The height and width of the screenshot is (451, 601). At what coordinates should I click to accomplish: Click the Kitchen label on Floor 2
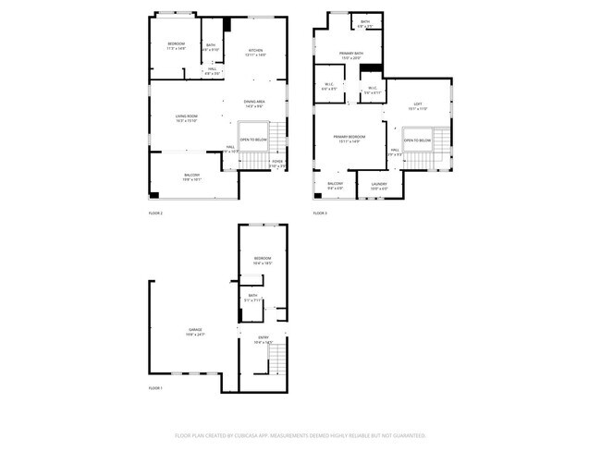tap(255, 51)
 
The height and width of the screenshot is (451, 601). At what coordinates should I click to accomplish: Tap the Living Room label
tap(187, 116)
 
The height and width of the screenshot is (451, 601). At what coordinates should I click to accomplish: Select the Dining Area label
tap(255, 102)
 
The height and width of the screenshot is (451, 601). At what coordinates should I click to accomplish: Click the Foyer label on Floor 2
tap(276, 162)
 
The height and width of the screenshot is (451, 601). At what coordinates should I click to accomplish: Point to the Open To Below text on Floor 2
tap(252, 140)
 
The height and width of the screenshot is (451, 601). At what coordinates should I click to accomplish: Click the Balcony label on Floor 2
tap(191, 176)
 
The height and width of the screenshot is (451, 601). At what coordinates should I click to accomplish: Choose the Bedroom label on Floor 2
tap(177, 44)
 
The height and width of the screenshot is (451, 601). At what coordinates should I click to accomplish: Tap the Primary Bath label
tap(350, 55)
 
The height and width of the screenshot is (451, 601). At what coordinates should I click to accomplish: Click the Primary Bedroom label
tap(350, 137)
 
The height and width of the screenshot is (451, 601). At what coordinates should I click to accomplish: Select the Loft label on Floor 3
tap(418, 105)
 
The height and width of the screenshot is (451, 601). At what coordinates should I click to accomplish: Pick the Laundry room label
tap(379, 184)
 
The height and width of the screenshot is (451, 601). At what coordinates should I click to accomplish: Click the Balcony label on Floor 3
tap(335, 184)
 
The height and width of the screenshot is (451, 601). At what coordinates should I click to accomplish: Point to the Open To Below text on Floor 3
tap(417, 140)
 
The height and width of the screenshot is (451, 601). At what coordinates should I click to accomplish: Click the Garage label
tap(196, 330)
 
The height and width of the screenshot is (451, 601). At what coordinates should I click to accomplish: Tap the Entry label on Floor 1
tap(264, 337)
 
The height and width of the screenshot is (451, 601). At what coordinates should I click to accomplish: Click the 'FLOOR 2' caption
tap(155, 213)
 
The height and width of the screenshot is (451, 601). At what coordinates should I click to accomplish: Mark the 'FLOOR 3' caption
tap(320, 213)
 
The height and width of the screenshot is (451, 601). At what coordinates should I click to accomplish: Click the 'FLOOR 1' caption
tap(155, 388)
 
